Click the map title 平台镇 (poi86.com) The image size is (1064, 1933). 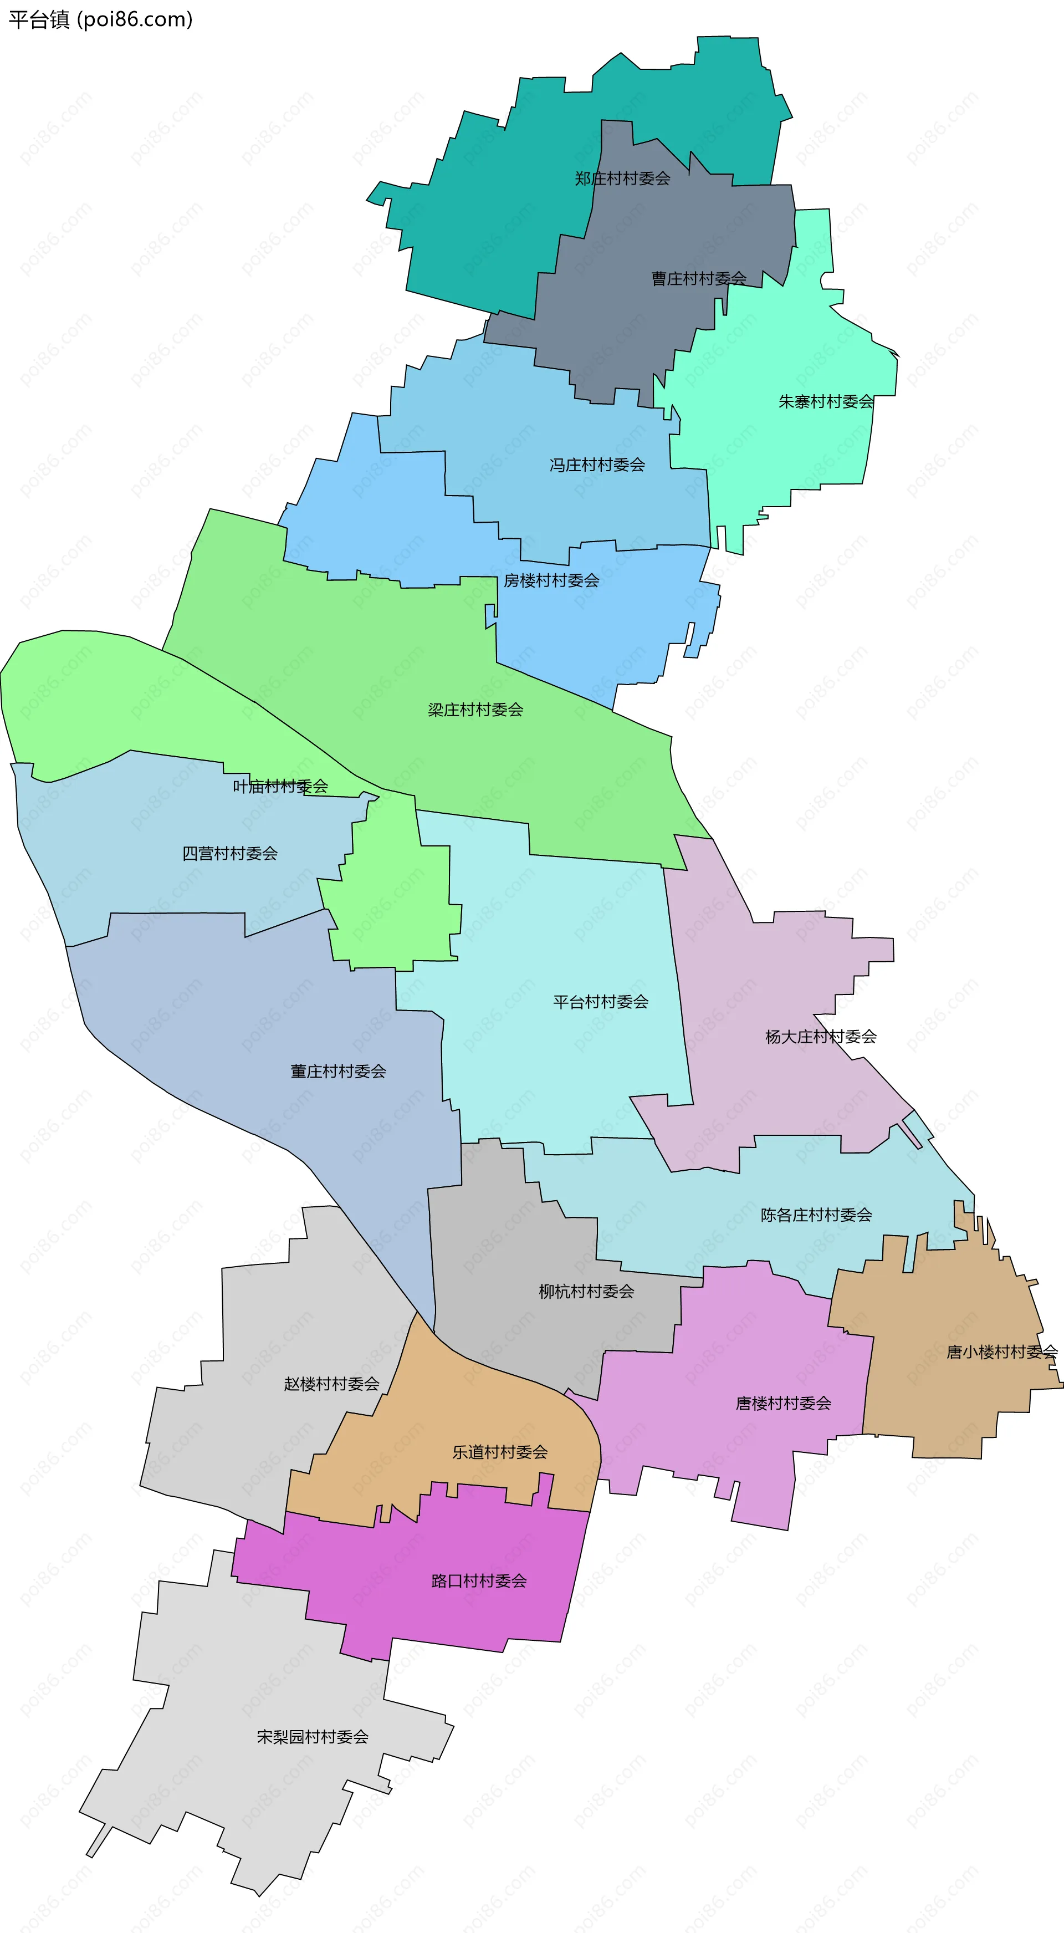click(100, 19)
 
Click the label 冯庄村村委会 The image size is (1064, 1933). click(597, 465)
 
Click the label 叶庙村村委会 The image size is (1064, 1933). click(280, 787)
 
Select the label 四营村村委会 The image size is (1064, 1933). click(229, 853)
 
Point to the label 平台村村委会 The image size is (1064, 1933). click(600, 1002)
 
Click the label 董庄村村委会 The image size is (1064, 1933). click(337, 1072)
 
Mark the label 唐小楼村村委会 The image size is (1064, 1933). click(1002, 1352)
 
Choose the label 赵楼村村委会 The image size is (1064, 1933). click(331, 1384)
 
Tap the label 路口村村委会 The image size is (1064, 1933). click(479, 1581)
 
